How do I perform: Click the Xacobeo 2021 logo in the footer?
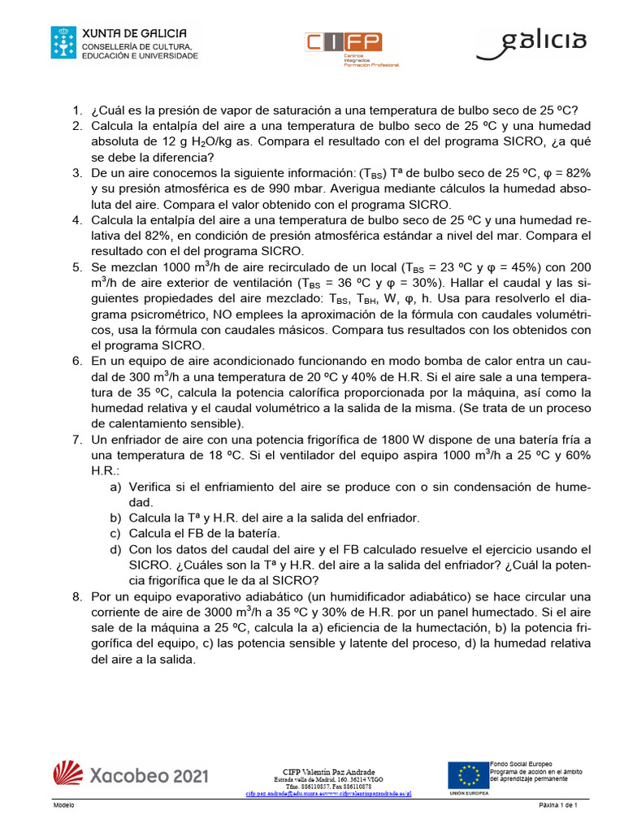point(130,775)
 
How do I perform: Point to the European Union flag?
point(467,777)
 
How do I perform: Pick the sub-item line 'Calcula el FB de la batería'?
point(204,533)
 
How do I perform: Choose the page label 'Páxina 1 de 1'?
point(557,804)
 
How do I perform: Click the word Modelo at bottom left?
point(63,804)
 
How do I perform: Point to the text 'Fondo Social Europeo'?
point(520,765)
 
